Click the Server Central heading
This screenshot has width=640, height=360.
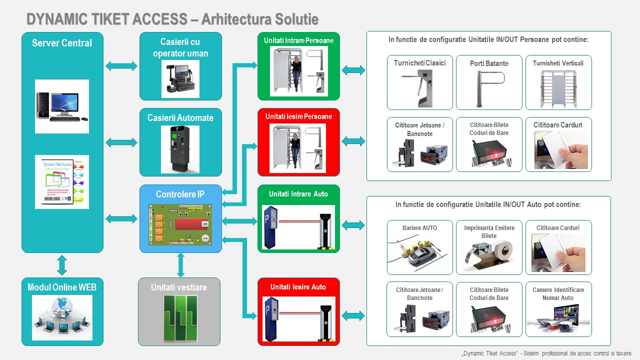[62, 43]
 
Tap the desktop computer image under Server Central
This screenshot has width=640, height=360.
[61, 106]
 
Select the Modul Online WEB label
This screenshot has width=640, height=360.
[62, 287]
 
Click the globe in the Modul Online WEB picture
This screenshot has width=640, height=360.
[62, 306]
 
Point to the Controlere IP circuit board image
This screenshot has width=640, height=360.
[180, 224]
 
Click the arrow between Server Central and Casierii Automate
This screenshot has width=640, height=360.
[121, 142]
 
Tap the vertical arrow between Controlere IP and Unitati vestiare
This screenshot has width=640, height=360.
[180, 265]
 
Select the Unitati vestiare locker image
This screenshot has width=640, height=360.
[179, 318]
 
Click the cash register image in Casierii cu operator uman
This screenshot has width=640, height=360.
[180, 79]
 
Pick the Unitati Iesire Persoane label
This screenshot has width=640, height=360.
[298, 116]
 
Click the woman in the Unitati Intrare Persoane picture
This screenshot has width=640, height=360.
[296, 73]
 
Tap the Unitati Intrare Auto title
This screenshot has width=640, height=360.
[298, 193]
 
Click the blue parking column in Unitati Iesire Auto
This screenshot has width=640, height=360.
[271, 317]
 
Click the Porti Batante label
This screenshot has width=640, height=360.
[489, 63]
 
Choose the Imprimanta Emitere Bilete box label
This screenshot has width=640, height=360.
[489, 231]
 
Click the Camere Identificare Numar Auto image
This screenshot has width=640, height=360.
[558, 319]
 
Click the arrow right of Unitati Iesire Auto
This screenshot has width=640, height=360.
[353, 315]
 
